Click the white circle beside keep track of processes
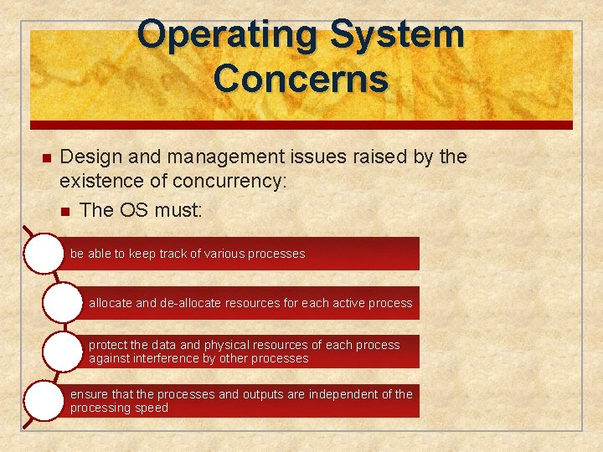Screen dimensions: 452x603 [x=44, y=254]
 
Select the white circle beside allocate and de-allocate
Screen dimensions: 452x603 [x=62, y=303]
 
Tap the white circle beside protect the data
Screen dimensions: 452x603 [x=62, y=352]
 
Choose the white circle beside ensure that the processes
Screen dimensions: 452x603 [x=44, y=401]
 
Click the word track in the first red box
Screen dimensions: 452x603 [x=174, y=254]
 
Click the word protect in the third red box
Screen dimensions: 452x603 [x=107, y=345]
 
